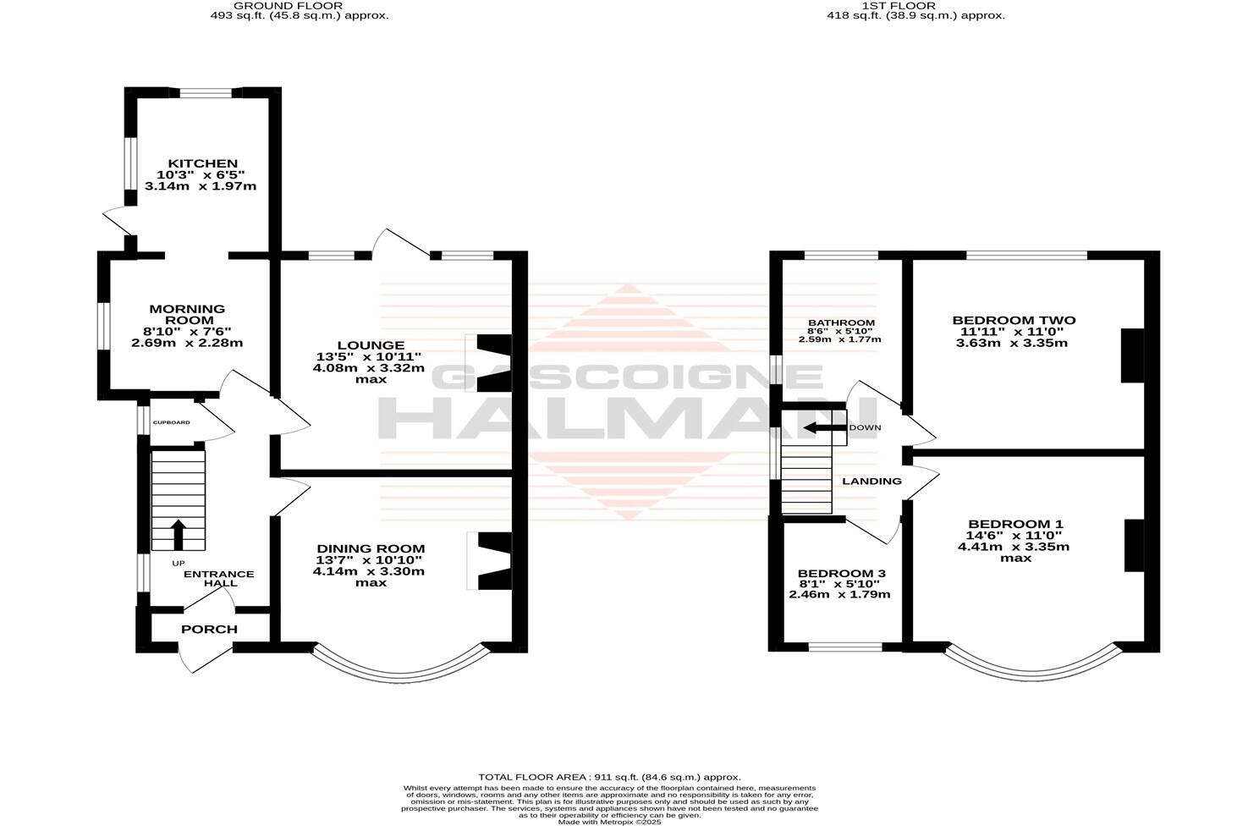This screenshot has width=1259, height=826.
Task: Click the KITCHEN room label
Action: click(202, 163)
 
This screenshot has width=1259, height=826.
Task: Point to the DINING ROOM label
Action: click(371, 549)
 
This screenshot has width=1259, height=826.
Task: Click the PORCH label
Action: click(209, 630)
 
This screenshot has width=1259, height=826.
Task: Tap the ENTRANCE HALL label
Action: click(218, 579)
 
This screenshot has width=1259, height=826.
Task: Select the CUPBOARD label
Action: click(171, 422)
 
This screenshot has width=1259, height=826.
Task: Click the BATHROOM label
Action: click(841, 323)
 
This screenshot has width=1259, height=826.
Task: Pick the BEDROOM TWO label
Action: click(1014, 320)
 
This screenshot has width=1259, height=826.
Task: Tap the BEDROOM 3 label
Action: click(841, 573)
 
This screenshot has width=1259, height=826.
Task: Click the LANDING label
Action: click(871, 482)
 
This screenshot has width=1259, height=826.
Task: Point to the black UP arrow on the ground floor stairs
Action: click(178, 533)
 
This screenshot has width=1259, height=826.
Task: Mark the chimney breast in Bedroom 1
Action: click(1133, 546)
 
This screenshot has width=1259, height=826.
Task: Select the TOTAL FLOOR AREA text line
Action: click(609, 777)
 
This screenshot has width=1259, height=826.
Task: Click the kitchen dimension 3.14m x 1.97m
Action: click(201, 186)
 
